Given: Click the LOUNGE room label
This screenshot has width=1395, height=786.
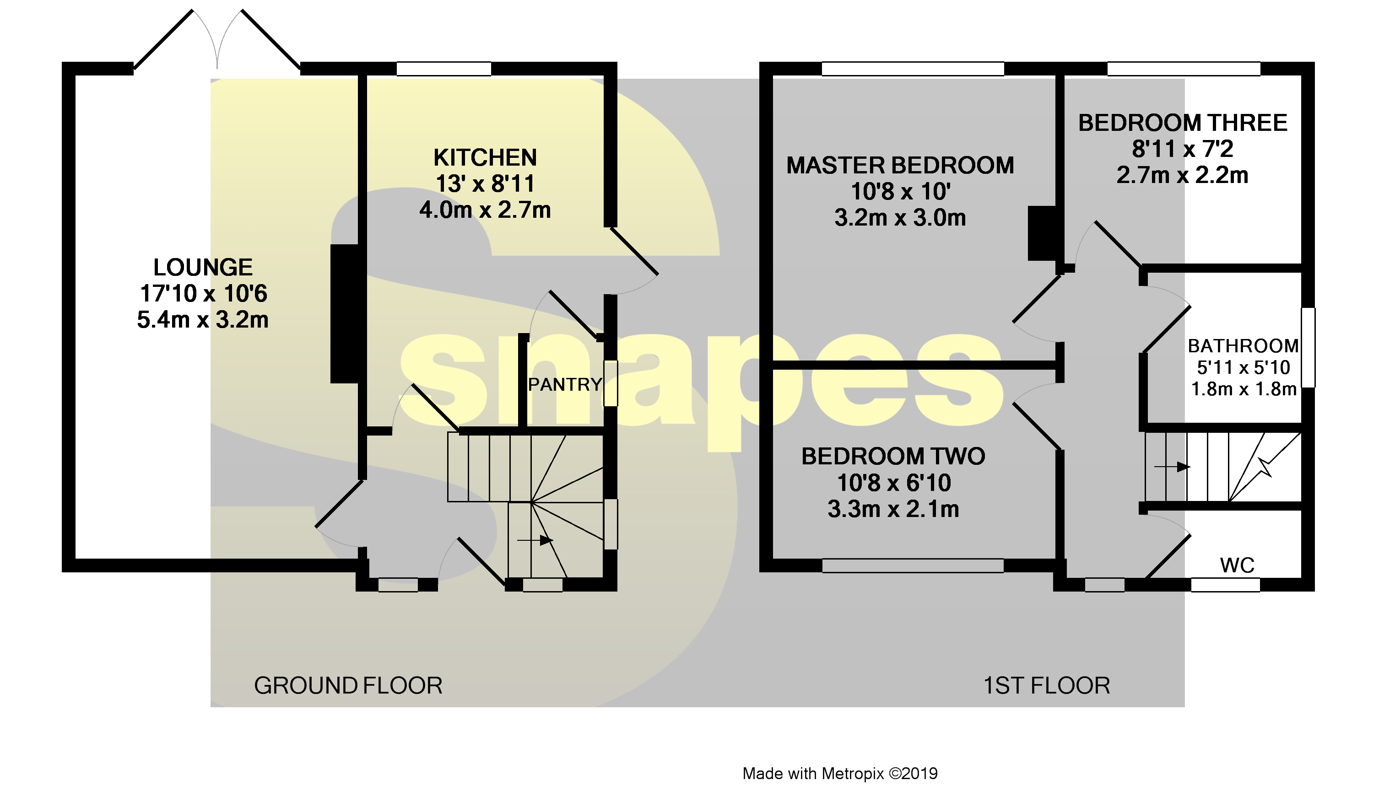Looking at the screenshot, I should [x=203, y=267].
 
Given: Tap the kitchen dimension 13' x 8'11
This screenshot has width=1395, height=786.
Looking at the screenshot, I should [x=485, y=184].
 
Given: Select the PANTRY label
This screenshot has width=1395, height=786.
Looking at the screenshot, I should [x=564, y=384].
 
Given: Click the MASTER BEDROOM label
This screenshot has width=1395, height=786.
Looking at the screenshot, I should [x=900, y=166].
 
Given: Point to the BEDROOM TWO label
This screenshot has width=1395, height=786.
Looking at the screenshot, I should [x=893, y=456].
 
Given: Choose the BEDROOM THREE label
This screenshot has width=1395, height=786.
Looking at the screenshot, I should [x=1182, y=123].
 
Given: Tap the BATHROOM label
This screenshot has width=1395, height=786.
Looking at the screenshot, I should [x=1243, y=346].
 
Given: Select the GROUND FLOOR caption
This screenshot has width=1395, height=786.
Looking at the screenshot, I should [x=348, y=686].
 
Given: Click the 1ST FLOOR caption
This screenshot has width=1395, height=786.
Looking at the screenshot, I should [x=1046, y=686].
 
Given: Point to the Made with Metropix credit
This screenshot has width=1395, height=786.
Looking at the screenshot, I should [x=839, y=774].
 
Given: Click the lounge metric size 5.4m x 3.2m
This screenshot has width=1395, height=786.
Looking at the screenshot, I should [x=203, y=320].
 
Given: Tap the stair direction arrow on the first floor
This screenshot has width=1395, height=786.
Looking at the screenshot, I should [x=1172, y=467].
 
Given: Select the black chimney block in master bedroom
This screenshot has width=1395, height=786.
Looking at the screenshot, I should [x=1043, y=233].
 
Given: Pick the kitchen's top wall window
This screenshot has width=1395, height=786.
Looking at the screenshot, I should [x=443, y=69].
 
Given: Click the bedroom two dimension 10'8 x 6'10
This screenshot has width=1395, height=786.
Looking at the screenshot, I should [x=893, y=483].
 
